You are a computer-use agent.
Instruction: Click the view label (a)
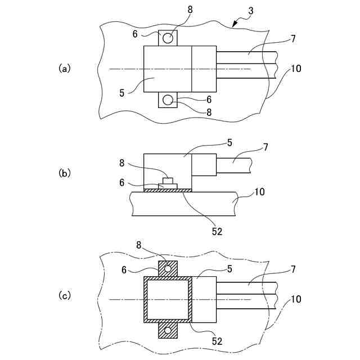pyautogui.click(x=65, y=68)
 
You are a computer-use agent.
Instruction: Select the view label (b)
pyautogui.click(x=65, y=173)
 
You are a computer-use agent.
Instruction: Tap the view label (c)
pyautogui.click(x=65, y=294)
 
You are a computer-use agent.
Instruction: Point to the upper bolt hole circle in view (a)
pyautogui.click(x=168, y=38)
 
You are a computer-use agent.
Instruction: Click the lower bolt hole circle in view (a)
pyautogui.click(x=168, y=100)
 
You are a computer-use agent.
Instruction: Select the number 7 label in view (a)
pyautogui.click(x=294, y=39)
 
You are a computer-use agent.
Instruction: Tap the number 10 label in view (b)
pyautogui.click(x=259, y=192)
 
